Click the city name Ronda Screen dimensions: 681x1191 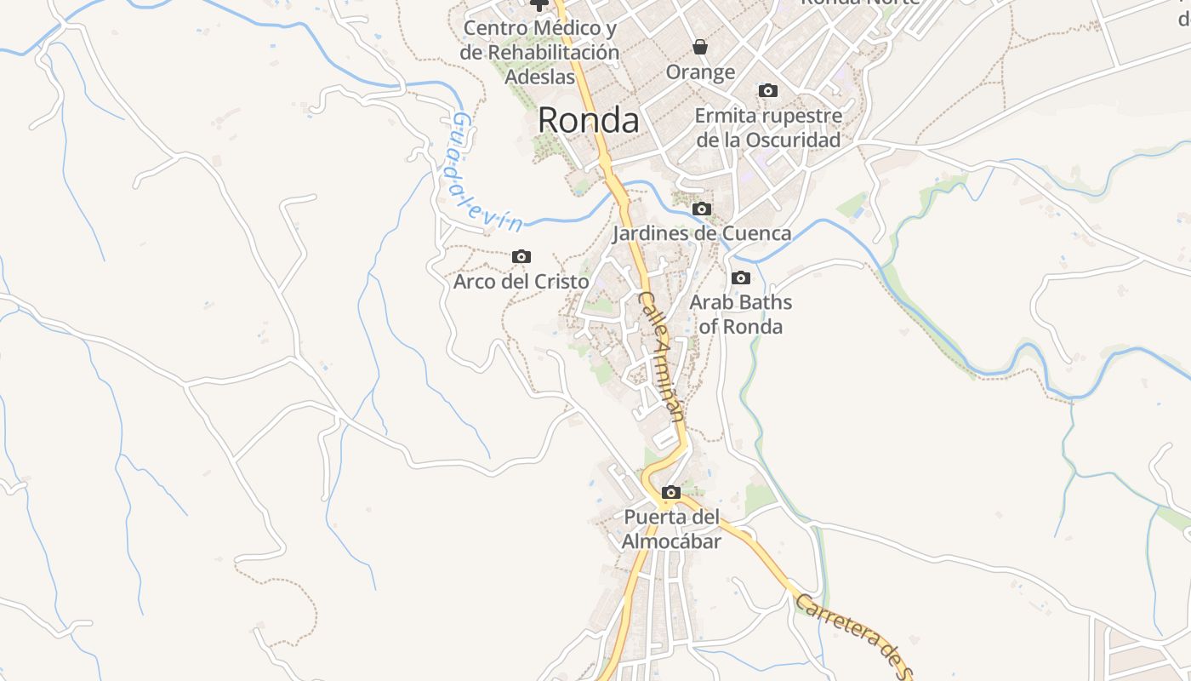point(588,120)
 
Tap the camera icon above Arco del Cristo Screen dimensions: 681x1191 point(521,256)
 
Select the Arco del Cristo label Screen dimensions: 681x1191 point(521,281)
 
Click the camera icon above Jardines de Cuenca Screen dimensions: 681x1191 point(702,209)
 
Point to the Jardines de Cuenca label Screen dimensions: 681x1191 point(703,232)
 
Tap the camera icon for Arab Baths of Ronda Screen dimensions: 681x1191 point(741,278)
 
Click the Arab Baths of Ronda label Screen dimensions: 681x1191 point(740,314)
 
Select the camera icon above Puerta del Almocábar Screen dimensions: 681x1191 point(671,492)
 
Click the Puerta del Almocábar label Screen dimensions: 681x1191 point(671,529)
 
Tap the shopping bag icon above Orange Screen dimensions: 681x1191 point(700,46)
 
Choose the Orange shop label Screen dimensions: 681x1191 point(700,72)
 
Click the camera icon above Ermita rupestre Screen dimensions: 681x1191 point(768,90)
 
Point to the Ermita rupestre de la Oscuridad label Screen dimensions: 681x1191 point(768,127)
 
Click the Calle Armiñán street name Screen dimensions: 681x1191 point(661,357)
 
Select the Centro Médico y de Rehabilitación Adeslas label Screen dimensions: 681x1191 point(539,52)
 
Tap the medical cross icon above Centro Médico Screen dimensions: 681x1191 point(539,4)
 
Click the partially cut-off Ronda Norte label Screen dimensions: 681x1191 point(860,3)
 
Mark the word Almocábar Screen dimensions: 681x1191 point(671,541)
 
